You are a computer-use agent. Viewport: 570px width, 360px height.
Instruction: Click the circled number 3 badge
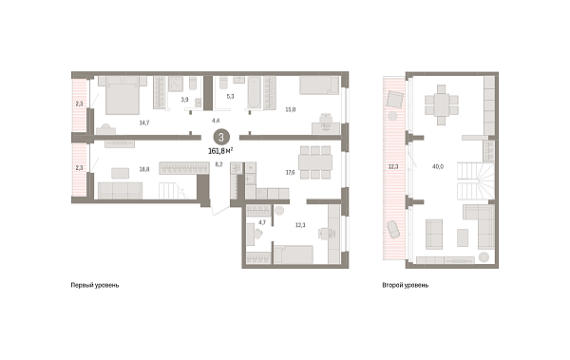click(221, 136)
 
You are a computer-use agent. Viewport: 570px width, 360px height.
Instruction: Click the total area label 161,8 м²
click(221, 149)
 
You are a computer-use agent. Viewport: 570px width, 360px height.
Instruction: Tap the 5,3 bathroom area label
click(229, 95)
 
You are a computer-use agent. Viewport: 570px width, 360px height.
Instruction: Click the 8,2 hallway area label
click(218, 164)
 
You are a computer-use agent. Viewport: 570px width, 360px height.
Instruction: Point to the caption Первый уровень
click(95, 284)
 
